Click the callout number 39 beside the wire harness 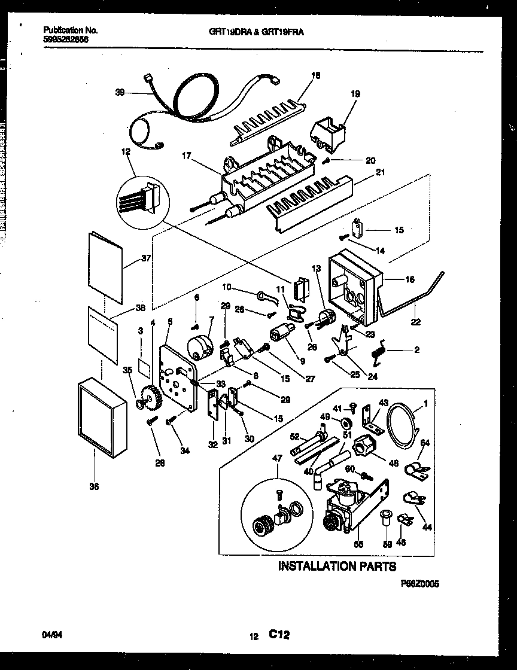point(120,92)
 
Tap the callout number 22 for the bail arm point(415,322)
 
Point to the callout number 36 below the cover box point(94,487)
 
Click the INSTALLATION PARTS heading point(337,565)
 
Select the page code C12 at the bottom point(279,636)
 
